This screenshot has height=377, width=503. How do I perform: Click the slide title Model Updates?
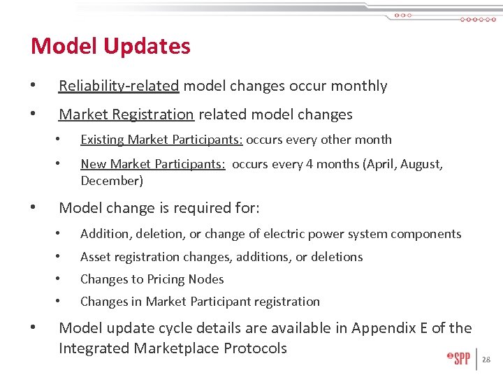click(x=110, y=46)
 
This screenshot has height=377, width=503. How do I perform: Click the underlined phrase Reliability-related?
click(x=119, y=86)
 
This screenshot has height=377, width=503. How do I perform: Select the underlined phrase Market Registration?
click(x=126, y=114)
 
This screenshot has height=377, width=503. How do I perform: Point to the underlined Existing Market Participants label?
click(x=161, y=140)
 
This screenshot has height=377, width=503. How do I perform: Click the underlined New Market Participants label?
click(x=152, y=165)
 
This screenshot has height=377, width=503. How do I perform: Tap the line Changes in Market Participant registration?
click(x=200, y=302)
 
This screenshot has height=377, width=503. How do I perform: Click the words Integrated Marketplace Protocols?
click(x=173, y=348)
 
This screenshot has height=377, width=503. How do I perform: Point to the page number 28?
click(x=487, y=360)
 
